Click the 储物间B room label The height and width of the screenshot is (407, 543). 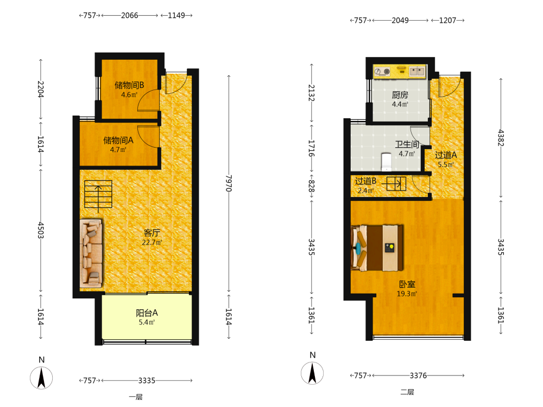tap(129, 85)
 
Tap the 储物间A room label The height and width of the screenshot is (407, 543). tap(118, 141)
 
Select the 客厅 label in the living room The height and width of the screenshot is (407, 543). tap(151, 233)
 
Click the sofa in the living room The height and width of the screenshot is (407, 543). tap(91, 253)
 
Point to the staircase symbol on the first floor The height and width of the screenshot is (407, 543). tap(98, 194)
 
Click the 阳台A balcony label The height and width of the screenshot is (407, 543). tap(147, 313)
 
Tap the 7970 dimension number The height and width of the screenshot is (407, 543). tap(229, 183)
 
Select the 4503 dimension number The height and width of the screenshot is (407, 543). tap(41, 230)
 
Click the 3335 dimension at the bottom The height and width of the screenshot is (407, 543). tap(147, 381)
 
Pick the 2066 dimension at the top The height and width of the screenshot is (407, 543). tap(130, 16)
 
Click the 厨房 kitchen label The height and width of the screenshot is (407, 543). tap(400, 95)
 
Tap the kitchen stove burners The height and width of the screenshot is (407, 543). tap(382, 72)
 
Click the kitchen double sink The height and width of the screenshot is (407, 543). tap(417, 71)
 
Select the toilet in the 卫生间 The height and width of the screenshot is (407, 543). tap(386, 162)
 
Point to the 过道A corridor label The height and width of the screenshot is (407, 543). tap(446, 155)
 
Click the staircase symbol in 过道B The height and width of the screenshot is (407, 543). tap(396, 184)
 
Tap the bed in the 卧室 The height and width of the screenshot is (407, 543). tap(377, 248)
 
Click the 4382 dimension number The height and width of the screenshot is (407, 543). tap(501, 138)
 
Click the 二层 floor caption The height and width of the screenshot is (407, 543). tap(407, 392)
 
